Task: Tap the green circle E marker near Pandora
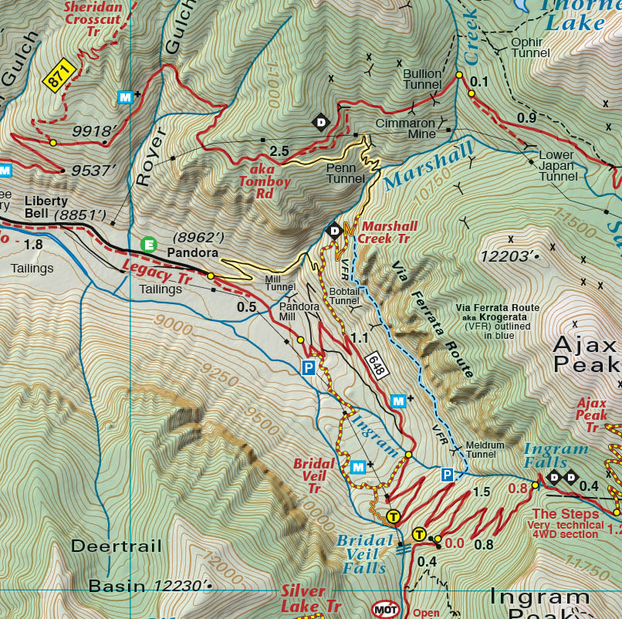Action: click(x=149, y=245)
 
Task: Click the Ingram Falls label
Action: click(x=556, y=457)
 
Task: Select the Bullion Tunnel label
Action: click(x=422, y=79)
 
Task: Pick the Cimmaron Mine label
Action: click(x=405, y=128)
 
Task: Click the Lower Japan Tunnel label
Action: click(x=556, y=165)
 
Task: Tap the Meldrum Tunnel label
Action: click(x=486, y=450)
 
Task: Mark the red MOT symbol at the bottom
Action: click(x=385, y=608)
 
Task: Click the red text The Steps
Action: click(x=565, y=514)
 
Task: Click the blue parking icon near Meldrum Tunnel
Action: click(x=447, y=475)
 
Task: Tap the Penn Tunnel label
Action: click(x=345, y=173)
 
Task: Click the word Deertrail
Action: click(x=117, y=546)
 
